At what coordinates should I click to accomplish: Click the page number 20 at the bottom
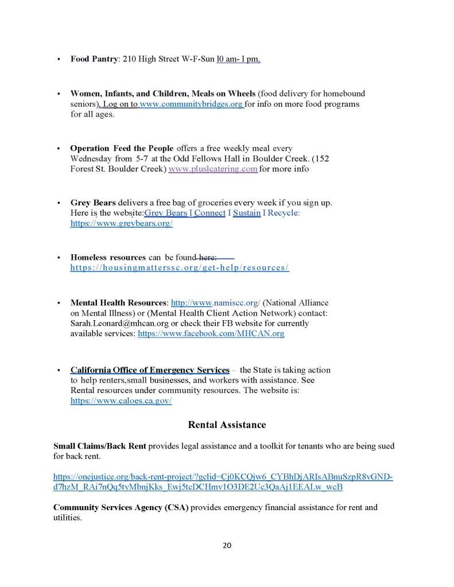tap(227, 545)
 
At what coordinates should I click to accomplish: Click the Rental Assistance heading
tap(227, 425)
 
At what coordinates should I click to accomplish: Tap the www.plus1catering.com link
tap(213, 169)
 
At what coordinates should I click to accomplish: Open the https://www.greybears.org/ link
tap(121, 224)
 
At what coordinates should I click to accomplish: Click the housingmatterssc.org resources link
tap(180, 268)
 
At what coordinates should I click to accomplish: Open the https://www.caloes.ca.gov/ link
tap(121, 402)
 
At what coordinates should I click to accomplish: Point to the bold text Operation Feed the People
tap(122, 149)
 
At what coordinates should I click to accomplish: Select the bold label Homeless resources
tap(108, 258)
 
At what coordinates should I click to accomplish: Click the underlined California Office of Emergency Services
tap(150, 370)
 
